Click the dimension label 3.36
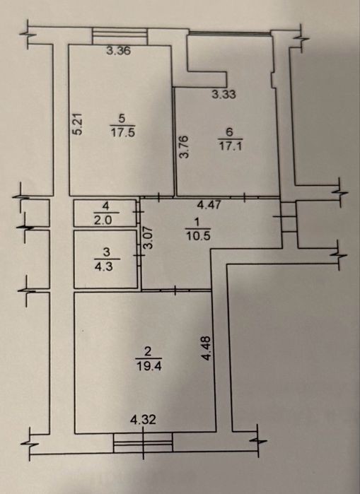(x=118, y=51)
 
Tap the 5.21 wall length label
(x=78, y=124)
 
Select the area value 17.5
(x=122, y=132)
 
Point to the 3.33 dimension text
(x=223, y=94)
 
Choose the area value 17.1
(x=231, y=146)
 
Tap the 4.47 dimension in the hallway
(x=209, y=205)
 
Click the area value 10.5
(x=198, y=236)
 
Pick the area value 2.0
(x=103, y=220)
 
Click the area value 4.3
(x=104, y=266)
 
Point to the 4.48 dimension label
(x=207, y=348)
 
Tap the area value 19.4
(x=149, y=366)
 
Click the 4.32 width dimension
(x=144, y=420)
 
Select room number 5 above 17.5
(x=122, y=119)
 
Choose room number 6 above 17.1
(x=229, y=132)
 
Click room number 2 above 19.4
(x=148, y=352)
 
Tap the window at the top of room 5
(x=120, y=37)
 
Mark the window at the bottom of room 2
(x=143, y=442)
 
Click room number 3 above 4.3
(x=107, y=252)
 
